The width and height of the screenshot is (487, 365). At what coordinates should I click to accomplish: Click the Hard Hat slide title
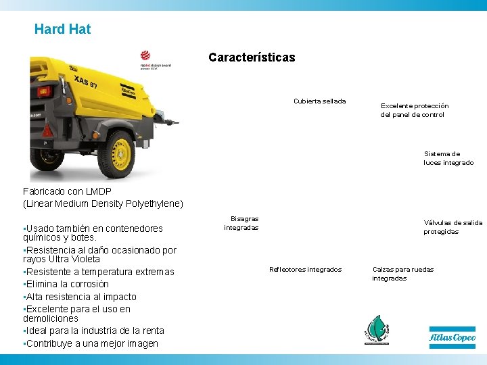click(62, 29)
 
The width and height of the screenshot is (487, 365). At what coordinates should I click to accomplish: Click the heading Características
click(252, 57)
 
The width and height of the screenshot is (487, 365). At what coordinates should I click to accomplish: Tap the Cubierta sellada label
click(319, 101)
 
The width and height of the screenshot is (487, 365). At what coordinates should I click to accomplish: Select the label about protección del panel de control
click(414, 110)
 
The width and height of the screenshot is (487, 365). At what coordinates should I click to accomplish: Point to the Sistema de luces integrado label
click(448, 158)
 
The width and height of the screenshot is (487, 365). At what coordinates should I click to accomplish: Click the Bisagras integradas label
click(241, 223)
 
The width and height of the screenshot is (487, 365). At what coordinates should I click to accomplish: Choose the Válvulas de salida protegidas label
click(453, 227)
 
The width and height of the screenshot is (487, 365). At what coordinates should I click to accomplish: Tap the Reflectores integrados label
click(305, 270)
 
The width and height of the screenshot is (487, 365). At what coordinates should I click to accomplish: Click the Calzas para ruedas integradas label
click(402, 274)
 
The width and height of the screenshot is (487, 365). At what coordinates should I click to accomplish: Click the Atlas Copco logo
click(452, 337)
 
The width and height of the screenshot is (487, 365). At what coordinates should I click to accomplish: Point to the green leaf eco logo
click(377, 330)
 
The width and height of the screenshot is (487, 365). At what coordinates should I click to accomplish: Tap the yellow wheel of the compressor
click(120, 151)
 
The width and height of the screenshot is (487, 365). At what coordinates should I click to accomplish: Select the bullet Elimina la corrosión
click(66, 284)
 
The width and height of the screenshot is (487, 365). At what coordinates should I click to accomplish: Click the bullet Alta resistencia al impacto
click(80, 297)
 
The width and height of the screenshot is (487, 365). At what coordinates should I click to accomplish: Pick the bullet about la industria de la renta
click(94, 331)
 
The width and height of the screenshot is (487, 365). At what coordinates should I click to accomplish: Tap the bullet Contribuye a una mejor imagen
click(91, 343)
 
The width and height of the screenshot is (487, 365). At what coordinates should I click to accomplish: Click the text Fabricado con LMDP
click(67, 191)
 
